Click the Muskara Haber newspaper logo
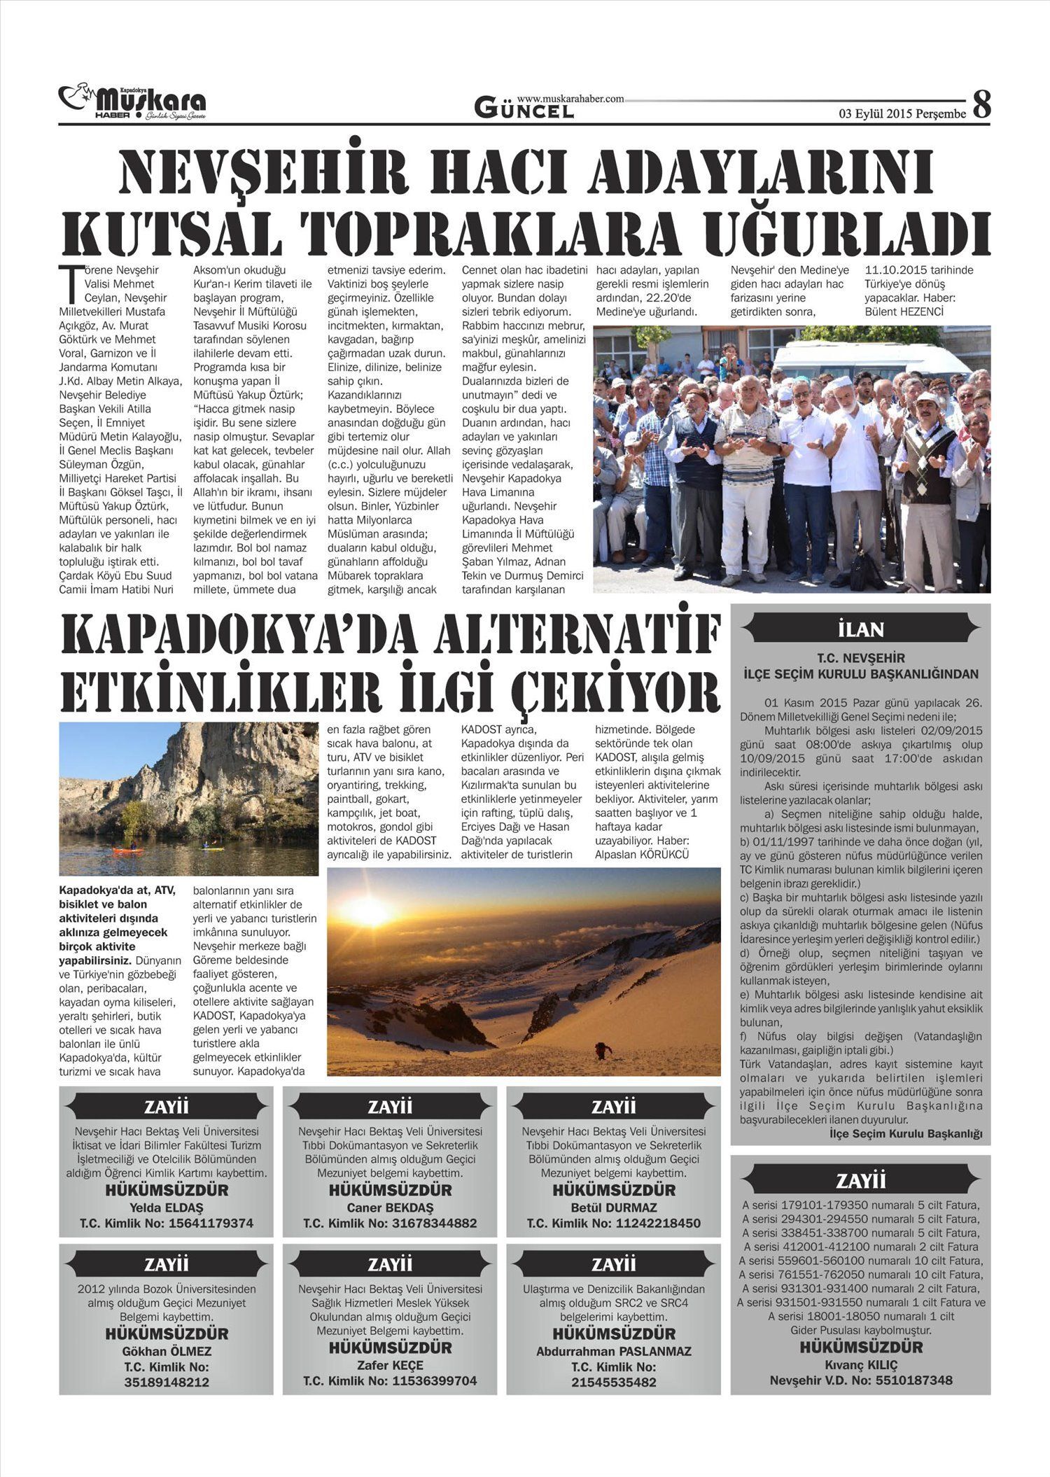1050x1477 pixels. [133, 104]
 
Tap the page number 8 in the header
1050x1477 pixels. [982, 105]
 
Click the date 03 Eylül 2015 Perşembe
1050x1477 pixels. [902, 114]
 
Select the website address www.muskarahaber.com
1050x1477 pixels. [570, 99]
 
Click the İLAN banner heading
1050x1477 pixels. [860, 629]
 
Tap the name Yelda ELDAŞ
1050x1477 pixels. [167, 1207]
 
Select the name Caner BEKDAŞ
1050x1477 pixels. [390, 1207]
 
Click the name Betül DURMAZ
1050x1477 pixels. [613, 1207]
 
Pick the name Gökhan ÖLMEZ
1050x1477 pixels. [167, 1351]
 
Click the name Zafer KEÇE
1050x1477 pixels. [390, 1365]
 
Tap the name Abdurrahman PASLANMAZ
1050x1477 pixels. [613, 1351]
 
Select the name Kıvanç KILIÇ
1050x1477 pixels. [860, 1364]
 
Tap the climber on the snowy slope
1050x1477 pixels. [601, 1050]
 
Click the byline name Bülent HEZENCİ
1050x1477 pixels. [904, 311]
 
